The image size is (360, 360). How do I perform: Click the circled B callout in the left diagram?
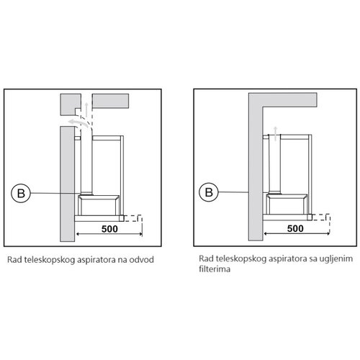coord(21,193)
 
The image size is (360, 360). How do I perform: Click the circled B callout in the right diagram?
coord(209,192)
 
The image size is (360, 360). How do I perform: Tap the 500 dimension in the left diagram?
coord(109,229)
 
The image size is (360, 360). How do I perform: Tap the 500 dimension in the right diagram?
coord(295,228)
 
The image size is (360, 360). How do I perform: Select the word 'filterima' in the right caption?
coord(215,269)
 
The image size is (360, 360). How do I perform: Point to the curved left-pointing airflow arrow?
coord(78,123)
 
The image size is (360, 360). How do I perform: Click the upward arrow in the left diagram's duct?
coord(86,109)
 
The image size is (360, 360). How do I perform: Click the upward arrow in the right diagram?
coord(276,134)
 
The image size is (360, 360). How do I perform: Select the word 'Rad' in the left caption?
coord(14,260)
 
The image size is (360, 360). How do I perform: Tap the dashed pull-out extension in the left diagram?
coord(133,218)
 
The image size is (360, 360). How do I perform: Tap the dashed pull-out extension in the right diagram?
coord(321,217)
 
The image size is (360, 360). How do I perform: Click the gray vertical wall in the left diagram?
coord(67,184)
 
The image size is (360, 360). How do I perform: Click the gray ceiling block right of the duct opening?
coord(111,101)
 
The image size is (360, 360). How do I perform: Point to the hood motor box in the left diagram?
coord(99,205)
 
